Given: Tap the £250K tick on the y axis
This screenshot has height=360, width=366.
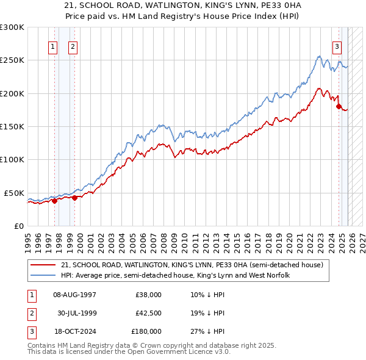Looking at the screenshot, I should click(x=12, y=60).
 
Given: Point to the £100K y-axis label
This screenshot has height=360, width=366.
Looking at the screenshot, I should click(x=12, y=159).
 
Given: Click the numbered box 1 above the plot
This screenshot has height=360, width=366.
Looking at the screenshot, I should click(x=53, y=46).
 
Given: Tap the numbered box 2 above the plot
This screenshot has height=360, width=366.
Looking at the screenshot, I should click(x=73, y=46).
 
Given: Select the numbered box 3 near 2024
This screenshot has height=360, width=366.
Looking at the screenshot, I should click(x=337, y=46).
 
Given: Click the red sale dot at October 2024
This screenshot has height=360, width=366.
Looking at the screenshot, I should click(x=339, y=106).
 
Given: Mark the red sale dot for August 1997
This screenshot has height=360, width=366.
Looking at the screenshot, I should click(x=54, y=200).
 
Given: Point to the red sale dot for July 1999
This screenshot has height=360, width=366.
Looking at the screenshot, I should click(x=75, y=197).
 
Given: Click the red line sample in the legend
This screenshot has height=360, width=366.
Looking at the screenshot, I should click(x=44, y=265).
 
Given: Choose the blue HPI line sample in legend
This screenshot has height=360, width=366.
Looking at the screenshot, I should click(x=44, y=276).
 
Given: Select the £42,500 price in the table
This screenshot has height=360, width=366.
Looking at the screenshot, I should click(x=148, y=313).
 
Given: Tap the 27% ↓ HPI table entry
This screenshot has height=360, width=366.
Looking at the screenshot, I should click(x=207, y=331).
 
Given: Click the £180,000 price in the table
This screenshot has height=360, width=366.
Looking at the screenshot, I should click(x=146, y=331).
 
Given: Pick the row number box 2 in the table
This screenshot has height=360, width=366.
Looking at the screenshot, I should click(x=31, y=313).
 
